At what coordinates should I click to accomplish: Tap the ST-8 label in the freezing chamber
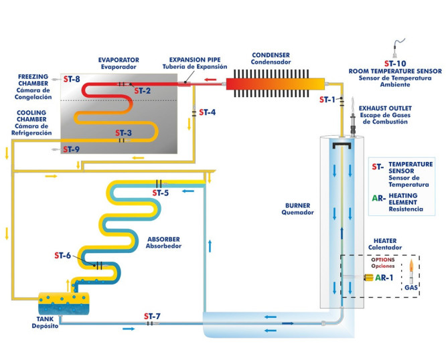pos(72,79)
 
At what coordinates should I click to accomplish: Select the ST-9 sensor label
pos(72,149)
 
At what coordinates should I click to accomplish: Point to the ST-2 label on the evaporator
pos(142,90)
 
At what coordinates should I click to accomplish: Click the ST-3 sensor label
pos(123,132)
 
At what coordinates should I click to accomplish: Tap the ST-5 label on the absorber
pos(160,193)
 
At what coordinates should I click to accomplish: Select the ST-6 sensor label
pos(62,256)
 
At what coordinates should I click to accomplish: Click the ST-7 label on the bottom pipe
pos(152,315)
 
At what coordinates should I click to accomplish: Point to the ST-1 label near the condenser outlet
pos(327,100)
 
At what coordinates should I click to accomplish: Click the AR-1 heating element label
pos(384,277)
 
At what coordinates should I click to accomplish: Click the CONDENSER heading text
pos(272,55)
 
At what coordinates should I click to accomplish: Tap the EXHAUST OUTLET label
pos(386,107)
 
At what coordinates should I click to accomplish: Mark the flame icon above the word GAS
pos(411,270)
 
